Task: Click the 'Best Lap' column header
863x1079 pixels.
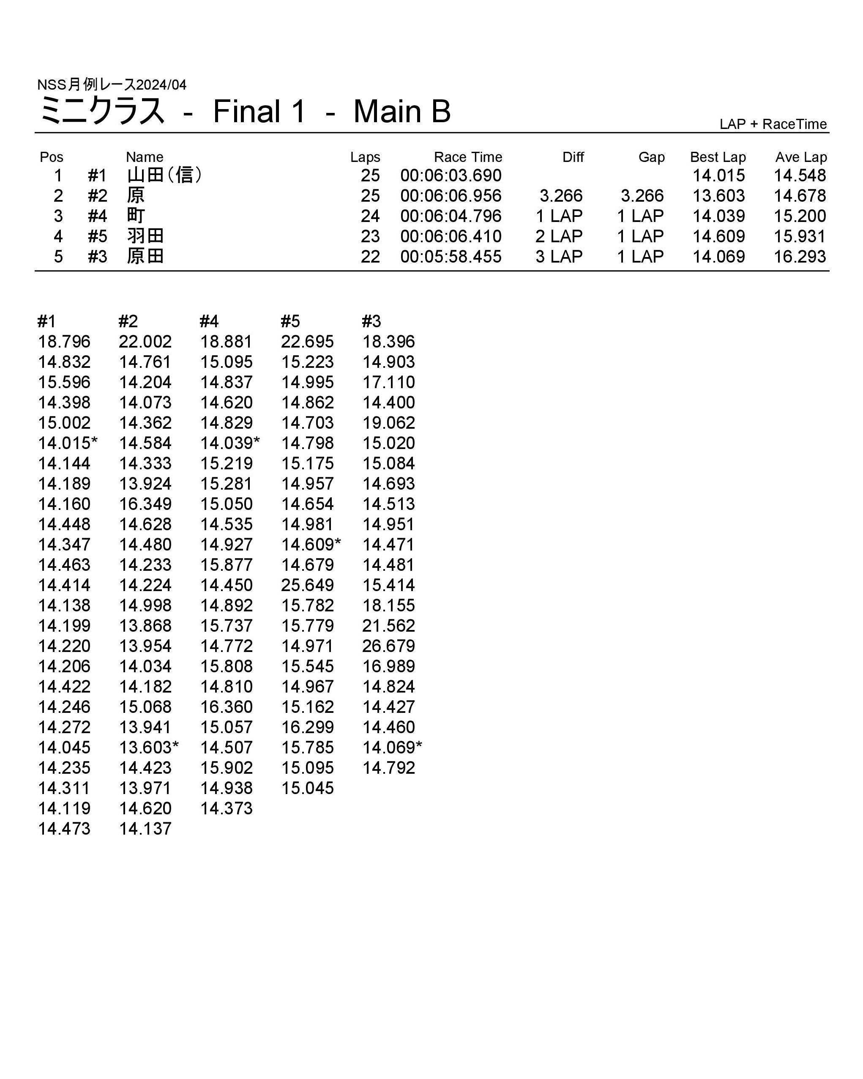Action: pos(718,157)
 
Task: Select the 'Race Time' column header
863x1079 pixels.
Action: pos(467,157)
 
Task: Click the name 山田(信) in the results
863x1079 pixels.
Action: pos(164,175)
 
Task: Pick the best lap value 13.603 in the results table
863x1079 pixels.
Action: pos(718,196)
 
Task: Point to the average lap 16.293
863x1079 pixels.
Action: pos(800,257)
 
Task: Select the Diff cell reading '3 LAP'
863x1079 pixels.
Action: pos(559,257)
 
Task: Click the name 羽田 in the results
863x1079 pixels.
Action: pos(145,236)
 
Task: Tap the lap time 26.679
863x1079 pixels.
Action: pos(388,646)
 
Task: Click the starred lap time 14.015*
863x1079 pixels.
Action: pos(68,443)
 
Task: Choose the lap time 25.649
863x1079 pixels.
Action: pos(307,585)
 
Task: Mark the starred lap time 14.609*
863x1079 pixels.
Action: pos(311,545)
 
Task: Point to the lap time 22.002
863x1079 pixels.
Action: pos(145,342)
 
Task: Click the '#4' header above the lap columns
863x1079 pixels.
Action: pos(209,321)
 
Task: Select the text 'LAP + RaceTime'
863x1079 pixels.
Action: pos(773,124)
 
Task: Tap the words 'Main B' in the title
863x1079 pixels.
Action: pos(402,111)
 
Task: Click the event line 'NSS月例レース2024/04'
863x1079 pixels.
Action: pos(112,85)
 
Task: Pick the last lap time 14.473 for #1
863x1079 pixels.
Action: pos(64,829)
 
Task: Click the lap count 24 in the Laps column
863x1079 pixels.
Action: pos(370,216)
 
